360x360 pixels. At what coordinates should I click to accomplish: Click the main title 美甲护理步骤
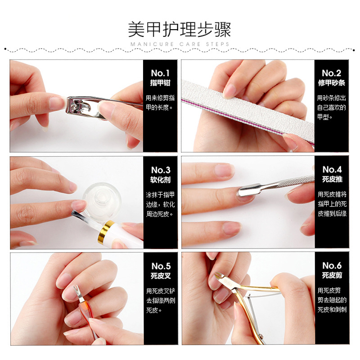coord(179,29)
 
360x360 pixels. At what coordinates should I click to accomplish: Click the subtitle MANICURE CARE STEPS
coord(180,44)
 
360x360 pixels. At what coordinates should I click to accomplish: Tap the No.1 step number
coord(160,73)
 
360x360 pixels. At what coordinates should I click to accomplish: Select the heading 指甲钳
coord(160,83)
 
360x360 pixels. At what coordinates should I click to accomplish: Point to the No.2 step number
coord(331,73)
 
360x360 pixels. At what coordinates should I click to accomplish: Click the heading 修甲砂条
coord(332,83)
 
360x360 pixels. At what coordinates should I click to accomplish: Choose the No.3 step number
coord(161,170)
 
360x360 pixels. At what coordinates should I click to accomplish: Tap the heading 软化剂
coord(161,180)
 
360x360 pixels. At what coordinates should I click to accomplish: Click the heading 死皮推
coord(332,179)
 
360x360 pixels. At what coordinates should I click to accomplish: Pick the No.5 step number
coord(161,266)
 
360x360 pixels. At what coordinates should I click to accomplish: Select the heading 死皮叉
coord(161,276)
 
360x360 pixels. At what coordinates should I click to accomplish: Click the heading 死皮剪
coord(332,275)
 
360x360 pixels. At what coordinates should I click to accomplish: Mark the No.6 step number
coord(332,265)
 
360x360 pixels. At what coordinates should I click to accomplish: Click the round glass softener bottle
coord(102,200)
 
